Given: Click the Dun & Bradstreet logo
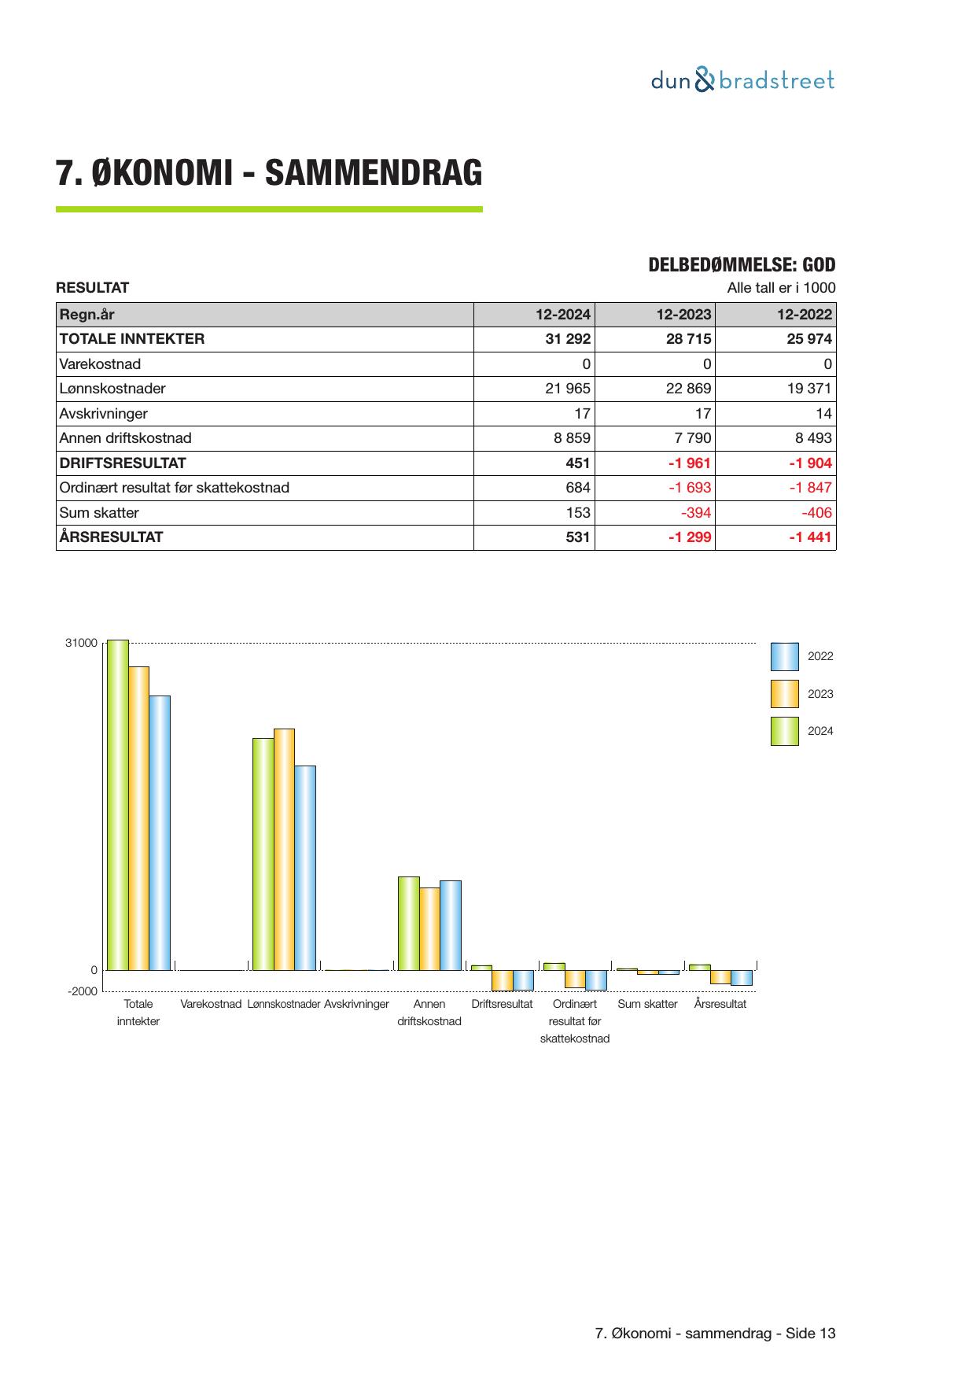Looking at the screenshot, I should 742,80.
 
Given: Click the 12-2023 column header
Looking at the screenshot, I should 683,315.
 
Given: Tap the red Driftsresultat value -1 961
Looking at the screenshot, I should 688,463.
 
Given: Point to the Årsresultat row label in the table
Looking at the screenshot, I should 111,537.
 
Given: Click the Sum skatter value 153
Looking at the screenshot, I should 578,513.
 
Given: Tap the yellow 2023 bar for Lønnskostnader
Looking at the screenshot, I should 284,849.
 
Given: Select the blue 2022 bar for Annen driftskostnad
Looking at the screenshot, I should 451,925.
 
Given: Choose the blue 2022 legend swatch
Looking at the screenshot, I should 784,656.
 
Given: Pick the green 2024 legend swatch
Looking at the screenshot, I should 784,731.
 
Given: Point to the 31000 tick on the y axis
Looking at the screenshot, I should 81,643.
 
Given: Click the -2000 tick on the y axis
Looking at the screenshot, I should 83,991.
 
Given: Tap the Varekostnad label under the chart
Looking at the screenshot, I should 210,1004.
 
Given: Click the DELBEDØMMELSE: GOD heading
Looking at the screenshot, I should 741,265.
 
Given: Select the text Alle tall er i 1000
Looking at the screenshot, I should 781,288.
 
